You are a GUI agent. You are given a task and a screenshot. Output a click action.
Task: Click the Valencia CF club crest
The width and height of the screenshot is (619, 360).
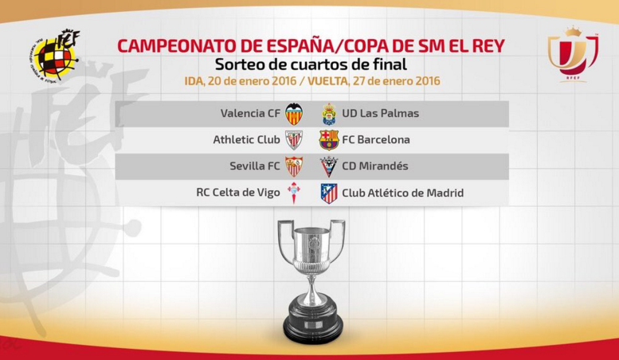pyautogui.click(x=294, y=114)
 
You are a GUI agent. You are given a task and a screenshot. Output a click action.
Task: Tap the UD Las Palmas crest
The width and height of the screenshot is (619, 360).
pyautogui.click(x=329, y=114)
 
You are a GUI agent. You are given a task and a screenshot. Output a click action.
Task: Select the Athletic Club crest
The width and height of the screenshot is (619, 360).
pyautogui.click(x=294, y=139)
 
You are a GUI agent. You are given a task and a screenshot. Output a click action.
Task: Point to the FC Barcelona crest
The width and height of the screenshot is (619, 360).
pyautogui.click(x=329, y=139)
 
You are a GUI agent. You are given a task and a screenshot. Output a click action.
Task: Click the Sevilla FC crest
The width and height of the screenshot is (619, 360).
pyautogui.click(x=294, y=166)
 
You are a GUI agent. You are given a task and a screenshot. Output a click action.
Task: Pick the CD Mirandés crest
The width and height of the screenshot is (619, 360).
pyautogui.click(x=328, y=166)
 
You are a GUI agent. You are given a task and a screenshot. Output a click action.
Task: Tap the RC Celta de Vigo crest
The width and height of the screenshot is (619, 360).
pyautogui.click(x=294, y=193)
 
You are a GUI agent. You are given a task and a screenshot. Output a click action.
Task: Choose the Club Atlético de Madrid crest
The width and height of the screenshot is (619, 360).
pyautogui.click(x=329, y=193)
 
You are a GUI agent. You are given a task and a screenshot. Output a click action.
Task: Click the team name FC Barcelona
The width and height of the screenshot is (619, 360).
pyautogui.click(x=376, y=139)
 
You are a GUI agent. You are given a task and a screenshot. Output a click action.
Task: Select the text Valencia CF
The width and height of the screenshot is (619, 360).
pyautogui.click(x=250, y=113)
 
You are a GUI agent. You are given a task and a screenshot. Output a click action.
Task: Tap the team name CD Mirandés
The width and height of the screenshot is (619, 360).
pyautogui.click(x=375, y=166)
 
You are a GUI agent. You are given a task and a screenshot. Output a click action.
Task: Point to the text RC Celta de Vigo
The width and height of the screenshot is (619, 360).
pyautogui.click(x=238, y=193)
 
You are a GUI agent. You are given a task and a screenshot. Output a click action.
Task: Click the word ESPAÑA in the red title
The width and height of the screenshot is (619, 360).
pyautogui.click(x=301, y=46)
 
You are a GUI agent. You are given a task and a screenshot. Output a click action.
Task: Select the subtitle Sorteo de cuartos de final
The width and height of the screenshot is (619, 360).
pyautogui.click(x=311, y=65)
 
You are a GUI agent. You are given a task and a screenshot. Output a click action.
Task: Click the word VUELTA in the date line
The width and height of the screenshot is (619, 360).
pyautogui.click(x=327, y=81)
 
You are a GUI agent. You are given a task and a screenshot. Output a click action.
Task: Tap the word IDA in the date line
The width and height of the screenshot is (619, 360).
pyautogui.click(x=194, y=81)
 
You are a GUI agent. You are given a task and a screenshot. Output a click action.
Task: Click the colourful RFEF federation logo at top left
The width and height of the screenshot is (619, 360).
pyautogui.click(x=54, y=55)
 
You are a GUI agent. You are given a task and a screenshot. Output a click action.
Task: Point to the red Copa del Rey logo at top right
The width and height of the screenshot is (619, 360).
pyautogui.click(x=573, y=54)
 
